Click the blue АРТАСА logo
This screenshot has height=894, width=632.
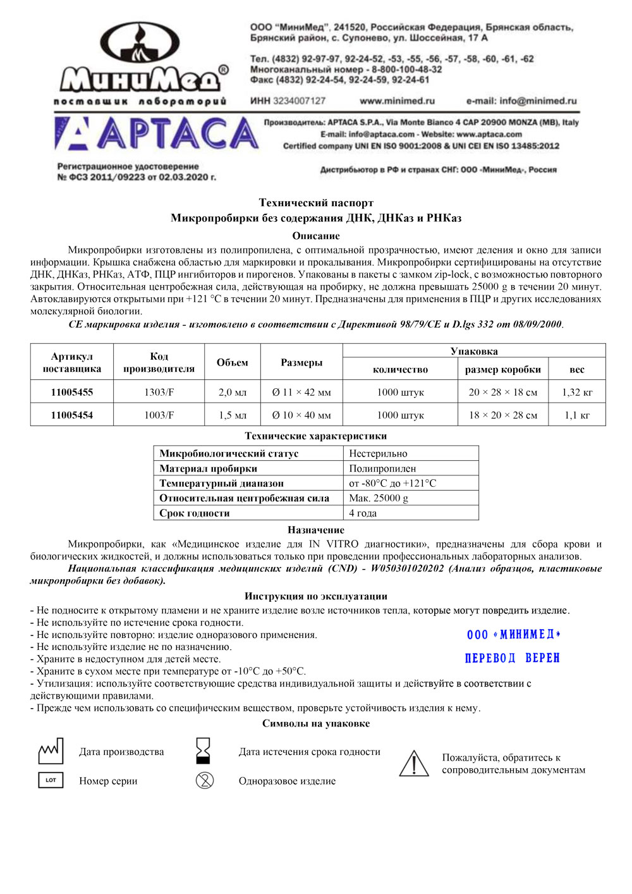tap(157, 134)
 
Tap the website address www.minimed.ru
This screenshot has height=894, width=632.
tap(397, 101)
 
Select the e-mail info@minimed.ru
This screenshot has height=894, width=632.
tap(521, 101)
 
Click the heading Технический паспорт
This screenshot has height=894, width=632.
tap(316, 203)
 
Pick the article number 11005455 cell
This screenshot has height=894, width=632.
tap(72, 392)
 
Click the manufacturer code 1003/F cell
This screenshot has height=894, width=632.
tap(159, 415)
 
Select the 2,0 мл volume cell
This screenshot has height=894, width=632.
tap(232, 392)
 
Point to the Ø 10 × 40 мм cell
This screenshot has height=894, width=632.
tap(301, 415)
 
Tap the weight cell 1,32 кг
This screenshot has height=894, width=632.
tap(577, 392)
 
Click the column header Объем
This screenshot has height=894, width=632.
tap(232, 362)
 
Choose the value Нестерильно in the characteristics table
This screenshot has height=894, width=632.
tap(378, 453)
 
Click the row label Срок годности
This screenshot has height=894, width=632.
tap(195, 513)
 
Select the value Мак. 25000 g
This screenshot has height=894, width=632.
tap(379, 498)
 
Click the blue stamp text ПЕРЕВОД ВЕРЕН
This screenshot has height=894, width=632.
tap(513, 658)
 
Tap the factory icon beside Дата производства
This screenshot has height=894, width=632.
tap(51, 751)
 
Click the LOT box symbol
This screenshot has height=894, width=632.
tap(51, 780)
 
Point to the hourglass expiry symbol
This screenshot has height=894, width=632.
tap(204, 751)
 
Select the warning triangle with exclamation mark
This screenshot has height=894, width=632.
tap(414, 763)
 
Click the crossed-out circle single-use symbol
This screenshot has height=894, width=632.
tap(205, 781)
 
